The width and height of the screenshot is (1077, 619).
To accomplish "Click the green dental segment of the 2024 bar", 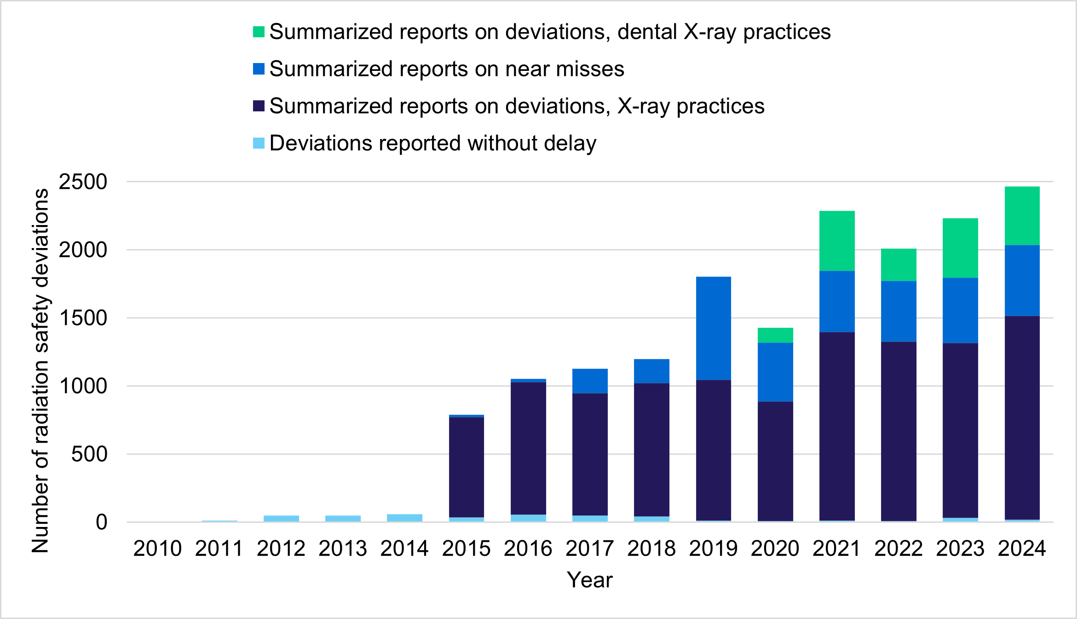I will coord(1022,216).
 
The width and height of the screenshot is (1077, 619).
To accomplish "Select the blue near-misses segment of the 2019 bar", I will coord(713,328).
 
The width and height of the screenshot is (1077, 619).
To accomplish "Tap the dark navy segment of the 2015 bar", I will coord(466,467).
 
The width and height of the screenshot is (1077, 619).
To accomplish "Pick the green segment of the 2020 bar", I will coord(775,335).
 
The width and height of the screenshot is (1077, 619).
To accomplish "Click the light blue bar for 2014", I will coord(404,518).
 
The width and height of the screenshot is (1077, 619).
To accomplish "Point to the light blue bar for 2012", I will coord(281,519).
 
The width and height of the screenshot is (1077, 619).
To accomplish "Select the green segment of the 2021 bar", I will coord(837,241).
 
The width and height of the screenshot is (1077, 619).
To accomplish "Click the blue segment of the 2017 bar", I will coord(590,381).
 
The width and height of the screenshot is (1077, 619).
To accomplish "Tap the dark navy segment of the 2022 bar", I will coord(898,431).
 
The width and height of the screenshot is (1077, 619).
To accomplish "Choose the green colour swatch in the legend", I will coord(259,32).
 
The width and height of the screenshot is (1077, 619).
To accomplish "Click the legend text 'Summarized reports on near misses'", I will coord(446,69).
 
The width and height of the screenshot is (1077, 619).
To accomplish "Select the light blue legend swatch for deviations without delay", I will coord(259,143).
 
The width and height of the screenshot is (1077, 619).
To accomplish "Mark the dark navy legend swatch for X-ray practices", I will coord(259,106).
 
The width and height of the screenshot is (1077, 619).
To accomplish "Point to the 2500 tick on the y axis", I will coord(83,182).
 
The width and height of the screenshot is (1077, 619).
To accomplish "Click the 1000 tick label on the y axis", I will coord(83,386).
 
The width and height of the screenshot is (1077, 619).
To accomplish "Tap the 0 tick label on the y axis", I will coord(101,522).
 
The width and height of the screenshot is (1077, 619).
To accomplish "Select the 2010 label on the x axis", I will coord(157,549).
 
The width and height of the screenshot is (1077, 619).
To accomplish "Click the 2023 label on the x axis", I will coord(960,549).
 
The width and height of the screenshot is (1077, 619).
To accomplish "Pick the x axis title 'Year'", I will coord(589,580).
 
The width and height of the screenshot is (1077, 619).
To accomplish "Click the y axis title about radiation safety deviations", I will coord(40,370).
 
